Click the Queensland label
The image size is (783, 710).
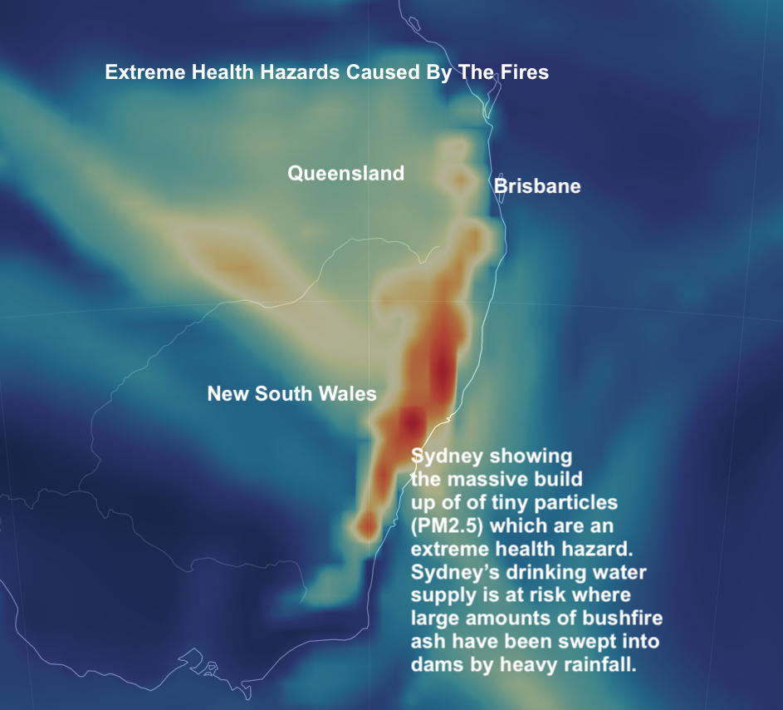click(345, 173)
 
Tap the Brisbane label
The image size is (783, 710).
click(537, 186)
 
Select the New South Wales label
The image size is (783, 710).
click(291, 393)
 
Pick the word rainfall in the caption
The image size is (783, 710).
click(597, 666)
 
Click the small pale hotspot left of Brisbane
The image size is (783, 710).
click(459, 177)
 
